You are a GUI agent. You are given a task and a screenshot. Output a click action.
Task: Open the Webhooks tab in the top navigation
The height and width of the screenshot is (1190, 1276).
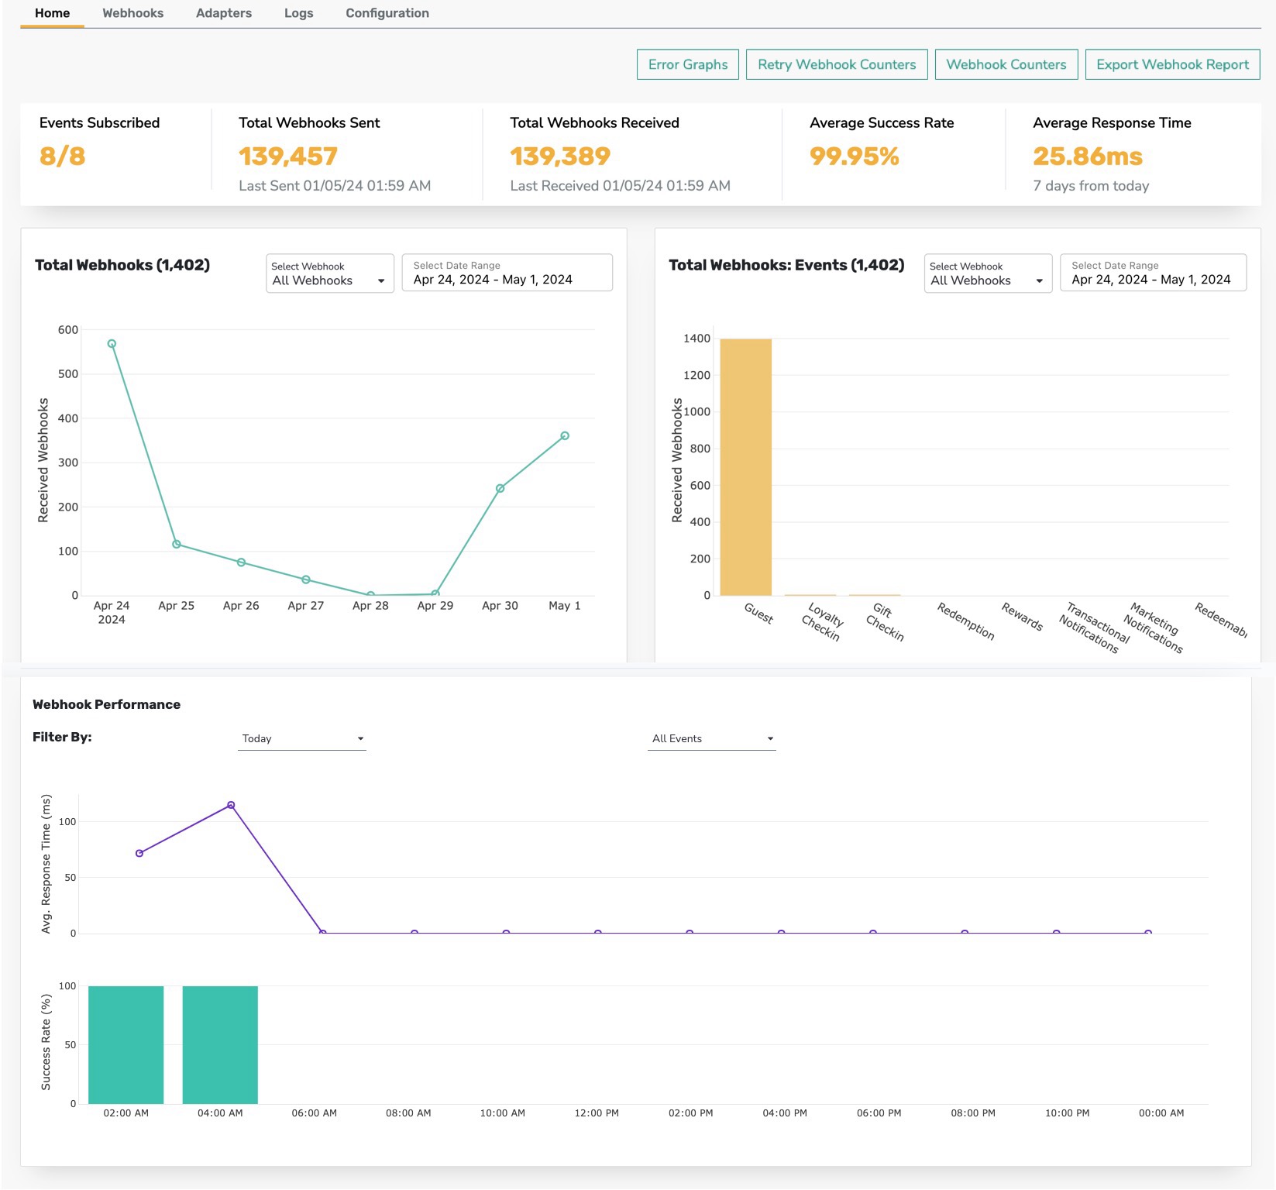pyautogui.click(x=132, y=13)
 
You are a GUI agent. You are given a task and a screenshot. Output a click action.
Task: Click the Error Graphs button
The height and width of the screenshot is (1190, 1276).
pyautogui.click(x=688, y=64)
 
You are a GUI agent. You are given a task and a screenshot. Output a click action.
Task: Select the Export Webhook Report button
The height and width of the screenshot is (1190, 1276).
pyautogui.click(x=1172, y=64)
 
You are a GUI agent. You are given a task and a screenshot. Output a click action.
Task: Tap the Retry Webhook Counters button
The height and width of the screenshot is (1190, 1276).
pyautogui.click(x=837, y=64)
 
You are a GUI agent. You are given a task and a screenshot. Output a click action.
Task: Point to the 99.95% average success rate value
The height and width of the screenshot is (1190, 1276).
pyautogui.click(x=855, y=156)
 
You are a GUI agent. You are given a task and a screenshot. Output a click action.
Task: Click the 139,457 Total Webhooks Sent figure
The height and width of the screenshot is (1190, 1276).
pyautogui.click(x=288, y=156)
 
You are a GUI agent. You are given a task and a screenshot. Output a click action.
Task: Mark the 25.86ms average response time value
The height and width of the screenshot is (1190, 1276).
pyautogui.click(x=1088, y=156)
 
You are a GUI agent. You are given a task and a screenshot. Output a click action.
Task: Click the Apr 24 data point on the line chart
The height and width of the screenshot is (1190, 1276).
pyautogui.click(x=112, y=344)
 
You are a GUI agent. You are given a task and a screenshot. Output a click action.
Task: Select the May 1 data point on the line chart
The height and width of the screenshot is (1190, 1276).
pyautogui.click(x=565, y=436)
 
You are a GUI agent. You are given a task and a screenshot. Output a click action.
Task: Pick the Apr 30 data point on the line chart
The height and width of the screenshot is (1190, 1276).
pyautogui.click(x=500, y=488)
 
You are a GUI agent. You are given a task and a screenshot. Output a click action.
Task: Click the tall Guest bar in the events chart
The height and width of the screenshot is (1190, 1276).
pyautogui.click(x=745, y=467)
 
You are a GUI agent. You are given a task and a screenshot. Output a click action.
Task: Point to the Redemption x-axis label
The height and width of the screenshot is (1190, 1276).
pyautogui.click(x=965, y=621)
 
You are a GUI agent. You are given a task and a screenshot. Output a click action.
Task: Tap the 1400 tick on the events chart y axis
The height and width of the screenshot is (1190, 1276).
pyautogui.click(x=696, y=339)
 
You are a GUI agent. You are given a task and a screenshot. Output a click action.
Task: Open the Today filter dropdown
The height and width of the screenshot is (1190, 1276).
pyautogui.click(x=302, y=738)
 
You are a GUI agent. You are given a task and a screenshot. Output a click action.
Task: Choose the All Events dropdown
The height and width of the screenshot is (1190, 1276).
pyautogui.click(x=712, y=738)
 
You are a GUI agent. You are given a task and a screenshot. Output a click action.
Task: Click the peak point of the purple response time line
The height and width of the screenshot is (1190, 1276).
pyautogui.click(x=231, y=806)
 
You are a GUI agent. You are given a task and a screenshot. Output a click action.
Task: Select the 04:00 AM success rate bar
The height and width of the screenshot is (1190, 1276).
pyautogui.click(x=220, y=1045)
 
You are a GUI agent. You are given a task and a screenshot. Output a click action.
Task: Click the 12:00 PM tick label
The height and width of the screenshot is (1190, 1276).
pyautogui.click(x=597, y=1113)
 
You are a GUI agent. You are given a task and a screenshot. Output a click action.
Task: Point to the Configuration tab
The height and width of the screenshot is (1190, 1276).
pyautogui.click(x=387, y=13)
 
